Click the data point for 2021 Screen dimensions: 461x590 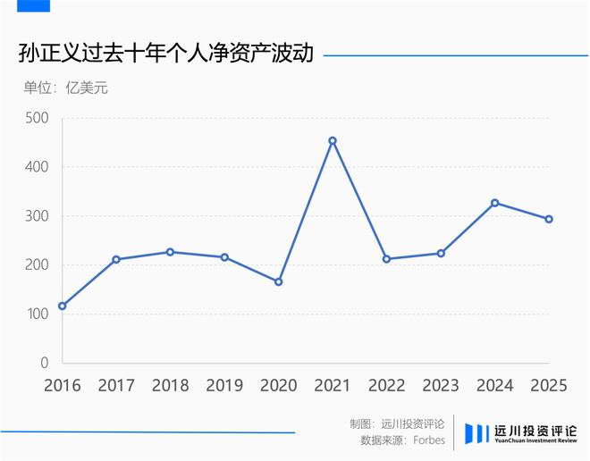click(333, 140)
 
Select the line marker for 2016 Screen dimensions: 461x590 click(62, 306)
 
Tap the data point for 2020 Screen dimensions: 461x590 click(278, 281)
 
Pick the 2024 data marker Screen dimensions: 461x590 click(495, 203)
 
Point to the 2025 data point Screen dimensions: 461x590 click(549, 219)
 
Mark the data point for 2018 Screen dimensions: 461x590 click(170, 252)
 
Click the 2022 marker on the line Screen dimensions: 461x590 click(386, 259)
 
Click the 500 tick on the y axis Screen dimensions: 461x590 click(38, 118)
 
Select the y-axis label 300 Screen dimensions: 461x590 click(38, 216)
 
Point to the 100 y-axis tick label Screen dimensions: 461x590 click(38, 314)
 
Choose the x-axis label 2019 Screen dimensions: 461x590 click(224, 386)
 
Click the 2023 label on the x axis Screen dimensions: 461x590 click(441, 386)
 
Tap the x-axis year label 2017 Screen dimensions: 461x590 click(116, 386)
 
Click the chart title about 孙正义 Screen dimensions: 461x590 click(165, 54)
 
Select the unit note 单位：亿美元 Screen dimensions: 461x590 click(65, 88)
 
